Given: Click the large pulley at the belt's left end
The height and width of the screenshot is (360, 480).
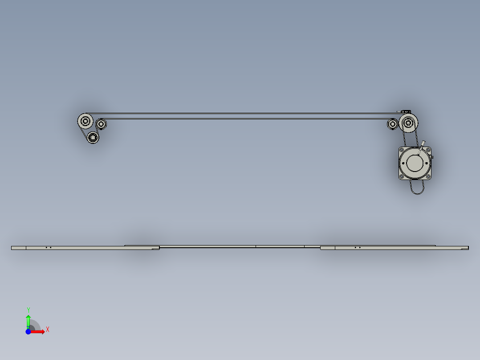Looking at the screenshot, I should point(85,120).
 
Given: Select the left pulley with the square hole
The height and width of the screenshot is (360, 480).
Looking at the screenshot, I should point(93,137).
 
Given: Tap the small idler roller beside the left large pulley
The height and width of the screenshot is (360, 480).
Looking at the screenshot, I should point(102,124).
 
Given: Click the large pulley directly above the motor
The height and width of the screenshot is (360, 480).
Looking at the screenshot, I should point(408,122).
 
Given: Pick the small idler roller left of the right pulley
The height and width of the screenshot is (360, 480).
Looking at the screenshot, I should point(392,124).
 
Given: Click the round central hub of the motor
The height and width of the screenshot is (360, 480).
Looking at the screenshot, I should point(415,163).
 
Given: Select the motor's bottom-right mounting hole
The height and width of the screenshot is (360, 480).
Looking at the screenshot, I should point(428,176).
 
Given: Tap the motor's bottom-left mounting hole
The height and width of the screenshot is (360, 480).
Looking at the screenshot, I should point(402,176).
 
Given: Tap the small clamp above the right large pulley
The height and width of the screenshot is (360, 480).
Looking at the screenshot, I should point(405,111).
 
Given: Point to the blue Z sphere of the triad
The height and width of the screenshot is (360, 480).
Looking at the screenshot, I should point(28,331).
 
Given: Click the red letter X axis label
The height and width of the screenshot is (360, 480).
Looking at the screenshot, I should point(47,329).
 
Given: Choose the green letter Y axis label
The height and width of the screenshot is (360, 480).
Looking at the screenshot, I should point(28,309).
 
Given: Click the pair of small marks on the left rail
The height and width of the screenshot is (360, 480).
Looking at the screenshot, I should point(49,247).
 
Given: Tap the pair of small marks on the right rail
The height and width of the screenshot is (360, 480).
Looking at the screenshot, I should point(357,247).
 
